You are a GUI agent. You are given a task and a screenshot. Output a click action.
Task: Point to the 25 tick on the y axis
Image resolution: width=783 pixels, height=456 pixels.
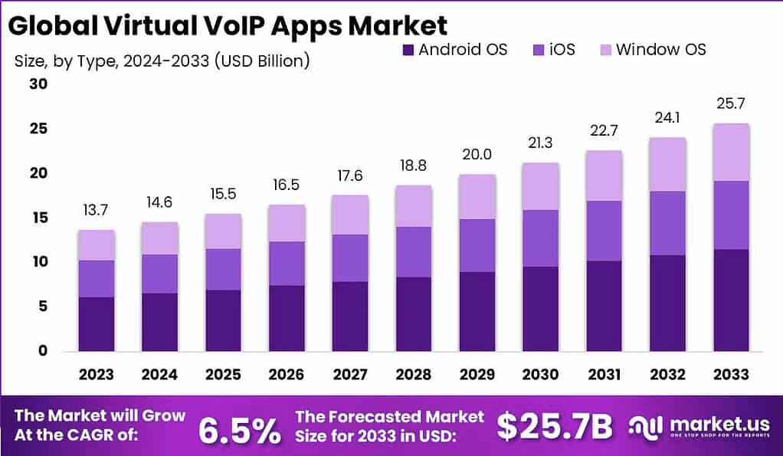coord(38,129)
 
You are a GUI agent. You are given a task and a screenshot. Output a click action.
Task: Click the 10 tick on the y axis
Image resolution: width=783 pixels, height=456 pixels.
coord(38,262)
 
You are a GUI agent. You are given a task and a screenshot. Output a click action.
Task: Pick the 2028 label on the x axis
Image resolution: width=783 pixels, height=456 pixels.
coord(413,374)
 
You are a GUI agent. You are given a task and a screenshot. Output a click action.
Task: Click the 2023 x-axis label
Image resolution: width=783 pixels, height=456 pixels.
coord(96,374)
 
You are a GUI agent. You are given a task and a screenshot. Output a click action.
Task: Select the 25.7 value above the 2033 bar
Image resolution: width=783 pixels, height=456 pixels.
coord(730,103)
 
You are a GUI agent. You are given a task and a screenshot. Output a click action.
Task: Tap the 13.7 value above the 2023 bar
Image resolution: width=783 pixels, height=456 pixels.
coord(96,209)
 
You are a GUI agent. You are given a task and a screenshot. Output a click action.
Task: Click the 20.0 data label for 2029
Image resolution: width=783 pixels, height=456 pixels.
coord(477,153)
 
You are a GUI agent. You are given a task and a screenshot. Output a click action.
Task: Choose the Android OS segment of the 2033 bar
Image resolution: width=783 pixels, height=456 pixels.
coord(730,300)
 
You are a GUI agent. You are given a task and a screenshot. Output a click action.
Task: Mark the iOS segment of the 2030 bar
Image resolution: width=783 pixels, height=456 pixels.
coord(540,238)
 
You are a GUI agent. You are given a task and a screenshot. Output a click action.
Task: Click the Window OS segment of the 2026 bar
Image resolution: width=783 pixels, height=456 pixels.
coord(287,223)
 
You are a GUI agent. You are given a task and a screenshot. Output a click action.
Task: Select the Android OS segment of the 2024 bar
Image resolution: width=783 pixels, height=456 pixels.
coord(159,322)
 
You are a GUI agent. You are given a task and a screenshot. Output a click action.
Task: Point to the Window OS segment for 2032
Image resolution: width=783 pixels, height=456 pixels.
coord(667,164)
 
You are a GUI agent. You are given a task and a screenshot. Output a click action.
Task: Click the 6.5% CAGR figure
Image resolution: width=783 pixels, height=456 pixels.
coord(239,431)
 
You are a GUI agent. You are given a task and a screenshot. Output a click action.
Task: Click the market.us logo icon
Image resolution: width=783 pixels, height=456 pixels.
coord(645,426)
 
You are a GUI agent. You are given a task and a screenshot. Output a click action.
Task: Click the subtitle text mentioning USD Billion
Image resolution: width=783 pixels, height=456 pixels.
coord(162,61)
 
